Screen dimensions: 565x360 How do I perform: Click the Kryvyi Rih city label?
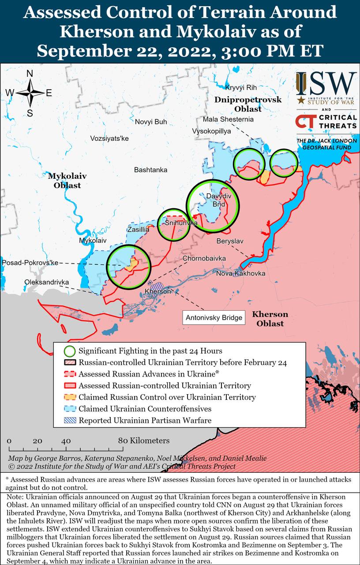pos(240,87)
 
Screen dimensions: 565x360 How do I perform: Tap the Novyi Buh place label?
pos(151,122)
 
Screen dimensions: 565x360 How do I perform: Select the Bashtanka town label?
pos(151,169)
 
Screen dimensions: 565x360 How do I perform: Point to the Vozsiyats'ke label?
pos(109,138)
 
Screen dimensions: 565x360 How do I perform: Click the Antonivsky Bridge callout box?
pos(214,317)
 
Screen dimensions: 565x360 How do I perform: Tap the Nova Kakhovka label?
pos(240,274)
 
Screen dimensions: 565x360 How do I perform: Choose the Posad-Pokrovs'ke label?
pos(30,263)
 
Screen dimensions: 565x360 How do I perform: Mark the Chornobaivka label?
pos(205,258)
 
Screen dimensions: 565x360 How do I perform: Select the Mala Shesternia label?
pos(228,119)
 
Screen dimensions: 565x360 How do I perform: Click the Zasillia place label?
pos(138,230)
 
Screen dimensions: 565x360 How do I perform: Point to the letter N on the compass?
pos(30,74)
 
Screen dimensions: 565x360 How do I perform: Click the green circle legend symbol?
pos(69,351)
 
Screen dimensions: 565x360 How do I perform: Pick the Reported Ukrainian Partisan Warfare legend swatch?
pos(69,420)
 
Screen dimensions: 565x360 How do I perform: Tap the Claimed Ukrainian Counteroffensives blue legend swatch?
pos(69,409)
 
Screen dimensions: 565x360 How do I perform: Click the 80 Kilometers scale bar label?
pos(144,441)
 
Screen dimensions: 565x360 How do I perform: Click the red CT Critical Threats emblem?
pos(306,122)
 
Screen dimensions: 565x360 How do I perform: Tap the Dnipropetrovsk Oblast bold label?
pos(248,104)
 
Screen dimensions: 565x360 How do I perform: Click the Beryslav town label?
pos(229,241)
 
